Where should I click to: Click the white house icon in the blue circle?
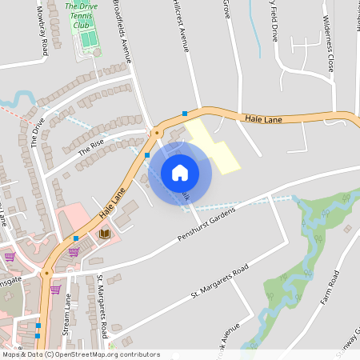[180, 173]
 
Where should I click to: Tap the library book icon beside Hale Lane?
[104, 233]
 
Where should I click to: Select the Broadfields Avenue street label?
[122, 32]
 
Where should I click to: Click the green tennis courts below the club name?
[88, 38]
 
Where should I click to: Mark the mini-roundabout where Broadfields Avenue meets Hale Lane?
[157, 132]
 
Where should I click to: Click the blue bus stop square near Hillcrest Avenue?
[185, 113]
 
